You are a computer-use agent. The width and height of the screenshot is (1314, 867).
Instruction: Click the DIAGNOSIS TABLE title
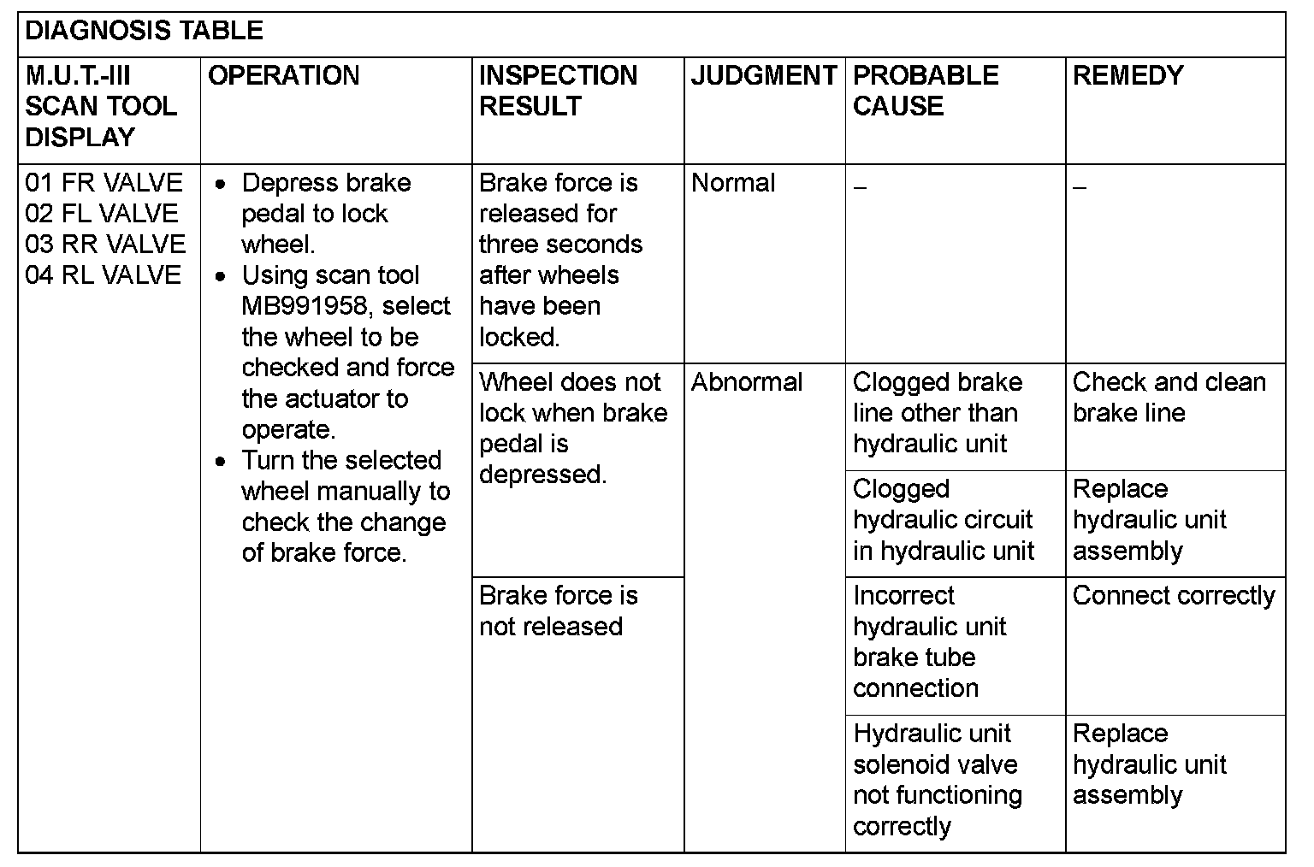pyautogui.click(x=144, y=32)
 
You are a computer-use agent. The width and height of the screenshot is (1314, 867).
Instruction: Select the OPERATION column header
pyautogui.click(x=283, y=76)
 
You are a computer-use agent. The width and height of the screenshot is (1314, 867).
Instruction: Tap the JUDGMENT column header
pyautogui.click(x=763, y=76)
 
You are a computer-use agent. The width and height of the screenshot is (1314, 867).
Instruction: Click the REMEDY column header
pyautogui.click(x=1128, y=76)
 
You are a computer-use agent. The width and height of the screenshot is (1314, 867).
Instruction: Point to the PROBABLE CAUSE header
pyautogui.click(x=926, y=91)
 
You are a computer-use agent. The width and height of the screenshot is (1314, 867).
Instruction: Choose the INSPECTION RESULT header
pyautogui.click(x=558, y=91)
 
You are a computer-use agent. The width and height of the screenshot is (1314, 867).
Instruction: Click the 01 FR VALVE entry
pyautogui.click(x=104, y=183)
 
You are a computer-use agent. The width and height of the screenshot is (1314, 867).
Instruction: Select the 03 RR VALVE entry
pyautogui.click(x=105, y=245)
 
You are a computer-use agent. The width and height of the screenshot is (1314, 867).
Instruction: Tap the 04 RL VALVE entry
pyautogui.click(x=104, y=275)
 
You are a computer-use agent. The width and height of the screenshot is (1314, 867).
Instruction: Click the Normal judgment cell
pyautogui.click(x=733, y=183)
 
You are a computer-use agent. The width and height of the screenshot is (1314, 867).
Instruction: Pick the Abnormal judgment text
pyautogui.click(x=746, y=382)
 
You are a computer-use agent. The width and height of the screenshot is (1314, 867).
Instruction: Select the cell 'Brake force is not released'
pyautogui.click(x=558, y=610)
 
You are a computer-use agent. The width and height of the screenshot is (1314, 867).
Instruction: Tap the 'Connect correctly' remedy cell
pyautogui.click(x=1173, y=596)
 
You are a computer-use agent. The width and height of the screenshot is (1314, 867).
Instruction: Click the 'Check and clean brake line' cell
pyautogui.click(x=1169, y=398)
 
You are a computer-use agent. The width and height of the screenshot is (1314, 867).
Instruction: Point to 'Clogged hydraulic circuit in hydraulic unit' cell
pyautogui.click(x=943, y=520)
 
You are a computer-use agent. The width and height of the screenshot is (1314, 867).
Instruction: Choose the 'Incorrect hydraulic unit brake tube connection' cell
pyautogui.click(x=929, y=641)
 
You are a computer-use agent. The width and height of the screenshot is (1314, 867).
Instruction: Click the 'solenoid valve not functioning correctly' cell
pyautogui.click(x=937, y=780)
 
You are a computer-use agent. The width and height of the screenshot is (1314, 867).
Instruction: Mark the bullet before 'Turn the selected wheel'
pyautogui.click(x=222, y=462)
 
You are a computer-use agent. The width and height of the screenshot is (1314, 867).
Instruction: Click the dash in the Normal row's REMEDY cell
pyautogui.click(x=1080, y=187)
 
